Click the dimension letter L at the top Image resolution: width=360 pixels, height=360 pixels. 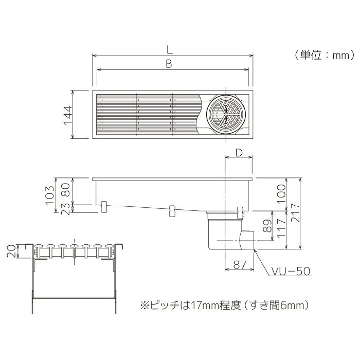coord(169,49)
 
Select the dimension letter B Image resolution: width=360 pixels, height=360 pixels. coord(169,64)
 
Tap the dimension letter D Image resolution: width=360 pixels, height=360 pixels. coord(239,153)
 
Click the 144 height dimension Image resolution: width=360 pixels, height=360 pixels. coord(68,115)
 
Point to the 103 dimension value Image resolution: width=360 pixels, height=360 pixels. coord(50,195)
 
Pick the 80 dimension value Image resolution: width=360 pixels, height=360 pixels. coord(66,190)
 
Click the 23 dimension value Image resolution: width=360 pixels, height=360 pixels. coord(66,209)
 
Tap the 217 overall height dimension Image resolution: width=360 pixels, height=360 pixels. coord(296,212)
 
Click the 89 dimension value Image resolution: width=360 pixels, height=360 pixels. coord(267,226)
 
